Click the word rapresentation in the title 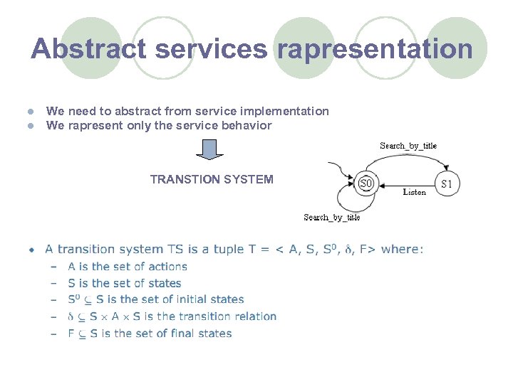click(375, 49)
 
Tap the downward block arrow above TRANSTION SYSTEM click(209, 149)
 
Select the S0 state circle click(366, 184)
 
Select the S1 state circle click(447, 184)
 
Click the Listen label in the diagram click(414, 192)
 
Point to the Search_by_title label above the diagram click(408, 146)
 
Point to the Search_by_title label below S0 click(331, 218)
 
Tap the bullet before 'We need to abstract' click(31, 112)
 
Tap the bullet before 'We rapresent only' click(31, 126)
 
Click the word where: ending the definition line click(402, 249)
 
